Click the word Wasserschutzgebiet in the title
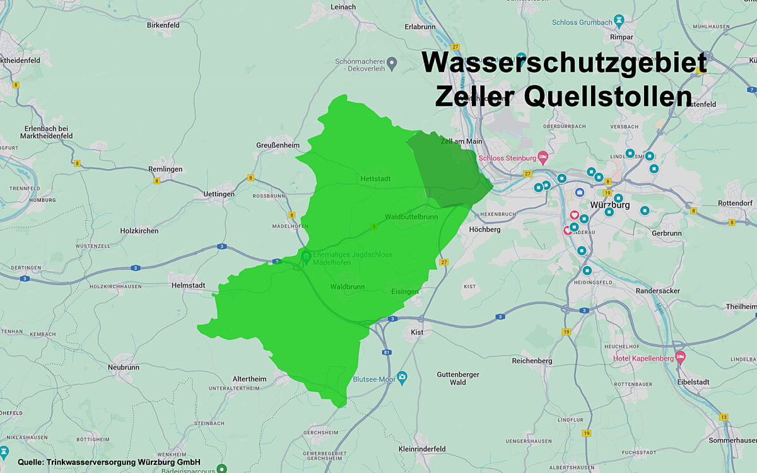point(564,64)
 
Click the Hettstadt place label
point(375,178)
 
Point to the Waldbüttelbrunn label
point(411,216)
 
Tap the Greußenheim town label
point(278,144)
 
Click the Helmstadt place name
point(188,285)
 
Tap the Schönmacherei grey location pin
point(392,62)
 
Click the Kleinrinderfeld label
point(423,449)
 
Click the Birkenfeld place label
point(163,25)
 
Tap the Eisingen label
point(404,291)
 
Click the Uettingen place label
point(219,194)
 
